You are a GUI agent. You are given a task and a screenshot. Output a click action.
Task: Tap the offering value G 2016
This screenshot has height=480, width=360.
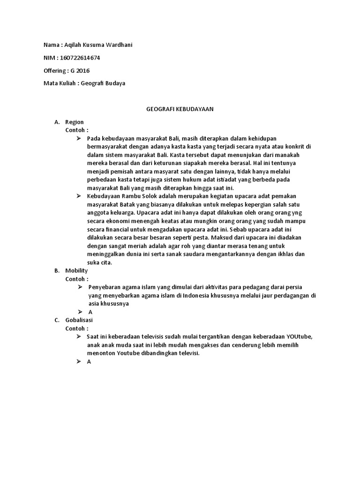click(80, 71)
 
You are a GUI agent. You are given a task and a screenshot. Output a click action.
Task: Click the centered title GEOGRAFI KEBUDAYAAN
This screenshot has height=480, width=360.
click(180, 109)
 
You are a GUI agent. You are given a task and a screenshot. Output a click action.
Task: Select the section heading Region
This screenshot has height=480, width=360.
click(75, 122)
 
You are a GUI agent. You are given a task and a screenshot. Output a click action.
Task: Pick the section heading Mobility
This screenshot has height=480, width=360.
click(76, 271)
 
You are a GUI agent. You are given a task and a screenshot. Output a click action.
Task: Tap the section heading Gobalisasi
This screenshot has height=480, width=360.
click(79, 320)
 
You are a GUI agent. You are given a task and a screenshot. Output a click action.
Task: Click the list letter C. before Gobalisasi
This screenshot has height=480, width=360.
click(57, 320)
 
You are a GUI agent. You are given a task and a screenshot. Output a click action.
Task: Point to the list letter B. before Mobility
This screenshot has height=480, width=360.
click(57, 271)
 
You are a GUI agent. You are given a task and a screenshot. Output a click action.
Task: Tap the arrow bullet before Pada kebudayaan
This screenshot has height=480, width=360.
click(80, 139)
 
